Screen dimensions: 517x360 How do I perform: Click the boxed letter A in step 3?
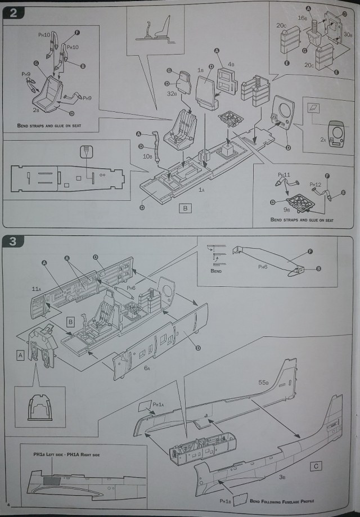(21, 355)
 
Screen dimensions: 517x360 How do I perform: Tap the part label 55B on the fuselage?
(264, 383)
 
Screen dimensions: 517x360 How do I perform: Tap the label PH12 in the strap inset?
(315, 184)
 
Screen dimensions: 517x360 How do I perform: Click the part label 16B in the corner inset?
(301, 18)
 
